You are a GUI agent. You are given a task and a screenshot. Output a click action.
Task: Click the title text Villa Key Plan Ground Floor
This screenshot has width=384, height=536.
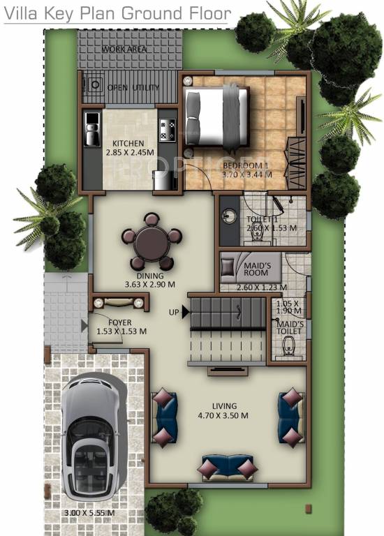point(117,13)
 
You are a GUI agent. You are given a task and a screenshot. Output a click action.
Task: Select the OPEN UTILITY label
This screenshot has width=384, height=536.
point(133,87)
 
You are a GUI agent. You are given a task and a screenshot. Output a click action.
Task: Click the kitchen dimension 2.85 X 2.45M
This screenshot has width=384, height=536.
point(129,152)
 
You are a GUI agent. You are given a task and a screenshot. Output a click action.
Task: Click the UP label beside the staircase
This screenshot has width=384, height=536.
point(174,312)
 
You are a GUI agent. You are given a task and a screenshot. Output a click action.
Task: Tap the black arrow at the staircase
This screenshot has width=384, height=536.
point(186,313)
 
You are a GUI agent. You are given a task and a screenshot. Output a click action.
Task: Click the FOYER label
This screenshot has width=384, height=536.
point(121,322)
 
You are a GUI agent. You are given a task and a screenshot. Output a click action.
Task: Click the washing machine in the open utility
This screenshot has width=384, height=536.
point(93,85)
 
